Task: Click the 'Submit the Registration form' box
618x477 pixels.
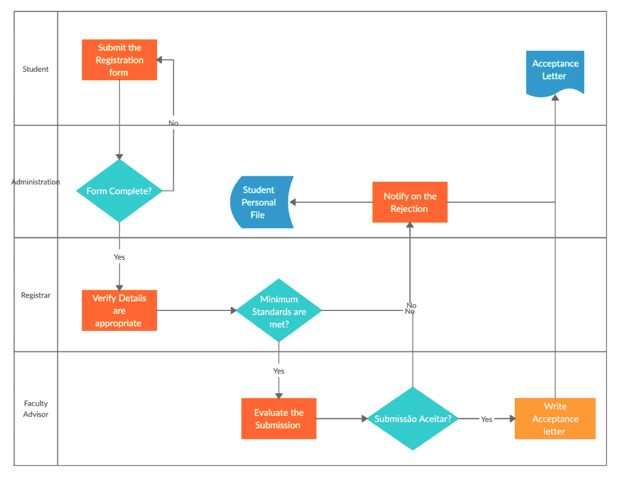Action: [119, 60]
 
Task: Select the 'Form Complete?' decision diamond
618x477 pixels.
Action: [119, 191]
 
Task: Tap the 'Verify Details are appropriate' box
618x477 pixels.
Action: [119, 311]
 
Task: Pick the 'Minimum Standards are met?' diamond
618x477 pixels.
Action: [279, 311]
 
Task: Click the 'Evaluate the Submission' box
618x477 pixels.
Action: [278, 418]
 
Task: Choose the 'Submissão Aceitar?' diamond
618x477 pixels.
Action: [412, 418]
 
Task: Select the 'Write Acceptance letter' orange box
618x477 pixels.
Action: [555, 418]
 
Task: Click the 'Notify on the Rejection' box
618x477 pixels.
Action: [410, 202]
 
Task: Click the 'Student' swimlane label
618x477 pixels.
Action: [36, 69]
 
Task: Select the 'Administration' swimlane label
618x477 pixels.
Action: [36, 182]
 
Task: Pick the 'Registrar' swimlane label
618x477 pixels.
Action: [36, 295]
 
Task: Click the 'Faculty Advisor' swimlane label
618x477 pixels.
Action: [36, 409]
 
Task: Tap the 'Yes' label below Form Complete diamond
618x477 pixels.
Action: [119, 257]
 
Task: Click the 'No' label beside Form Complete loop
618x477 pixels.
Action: [173, 123]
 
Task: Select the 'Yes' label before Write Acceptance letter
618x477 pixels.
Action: [486, 419]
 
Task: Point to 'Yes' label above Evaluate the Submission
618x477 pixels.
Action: [279, 371]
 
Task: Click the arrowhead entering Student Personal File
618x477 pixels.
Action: [293, 202]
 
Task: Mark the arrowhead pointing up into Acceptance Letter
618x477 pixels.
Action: [555, 98]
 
